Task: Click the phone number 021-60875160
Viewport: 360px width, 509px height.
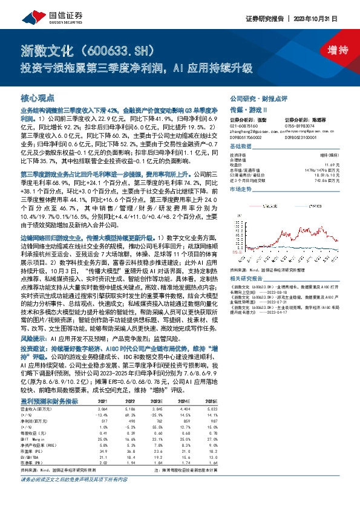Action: pos(245,125)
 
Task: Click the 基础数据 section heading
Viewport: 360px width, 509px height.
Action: pos(240,148)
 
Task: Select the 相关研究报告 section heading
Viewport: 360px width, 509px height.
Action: pos(248,277)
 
